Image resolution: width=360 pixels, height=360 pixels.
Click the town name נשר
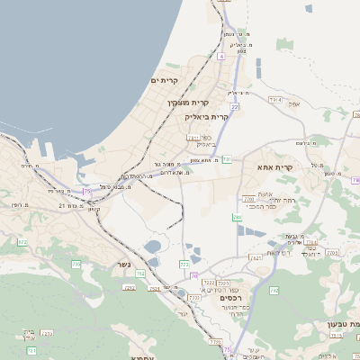coord(123,264)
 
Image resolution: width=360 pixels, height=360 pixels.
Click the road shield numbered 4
coord(220,56)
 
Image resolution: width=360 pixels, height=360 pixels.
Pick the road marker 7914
coord(274,99)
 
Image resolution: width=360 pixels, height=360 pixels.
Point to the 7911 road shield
coord(193,138)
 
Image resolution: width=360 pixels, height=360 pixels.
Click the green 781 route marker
coord(228,159)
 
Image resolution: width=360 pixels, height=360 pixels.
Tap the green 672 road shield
coord(21,243)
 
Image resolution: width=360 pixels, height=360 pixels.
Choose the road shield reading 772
coord(184,265)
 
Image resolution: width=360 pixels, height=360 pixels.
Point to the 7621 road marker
coord(256,257)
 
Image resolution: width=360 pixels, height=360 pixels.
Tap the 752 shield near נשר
coord(140,273)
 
